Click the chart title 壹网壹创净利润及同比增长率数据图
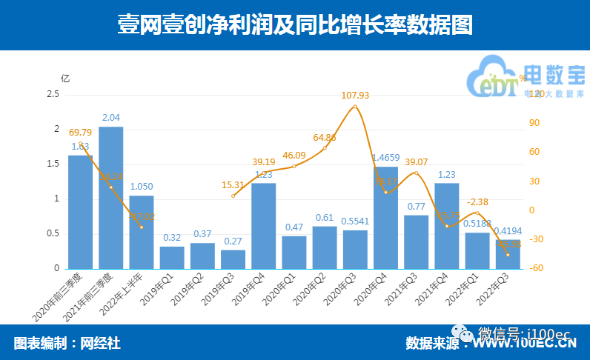coord(295,26)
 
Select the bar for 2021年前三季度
coord(110,197)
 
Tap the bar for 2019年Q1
coord(172,257)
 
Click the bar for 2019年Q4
coord(263,225)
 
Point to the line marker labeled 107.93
coord(355,107)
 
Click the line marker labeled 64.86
coord(325,148)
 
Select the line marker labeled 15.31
coord(233,196)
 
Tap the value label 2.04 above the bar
coord(110,119)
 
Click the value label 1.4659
coord(386,158)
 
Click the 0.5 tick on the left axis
coord(53,233)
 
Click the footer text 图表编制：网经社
coord(67,343)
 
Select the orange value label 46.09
coord(294,155)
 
